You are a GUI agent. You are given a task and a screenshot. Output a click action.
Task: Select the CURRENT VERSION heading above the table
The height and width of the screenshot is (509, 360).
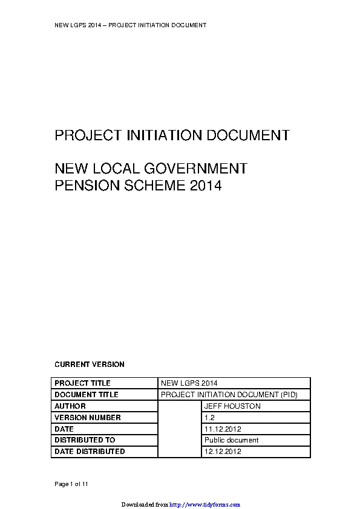[x=90, y=365]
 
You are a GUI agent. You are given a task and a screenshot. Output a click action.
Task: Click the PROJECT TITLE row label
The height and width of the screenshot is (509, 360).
[x=83, y=383]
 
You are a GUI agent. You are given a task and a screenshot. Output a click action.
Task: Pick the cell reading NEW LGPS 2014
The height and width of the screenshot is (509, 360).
[x=189, y=383]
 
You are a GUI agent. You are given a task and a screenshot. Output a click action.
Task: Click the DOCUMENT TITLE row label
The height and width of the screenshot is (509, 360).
[x=87, y=395]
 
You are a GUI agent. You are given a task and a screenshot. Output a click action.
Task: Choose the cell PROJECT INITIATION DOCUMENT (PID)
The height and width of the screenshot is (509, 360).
[x=229, y=395]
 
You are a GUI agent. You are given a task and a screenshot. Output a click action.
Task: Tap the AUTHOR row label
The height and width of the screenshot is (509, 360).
[x=70, y=406]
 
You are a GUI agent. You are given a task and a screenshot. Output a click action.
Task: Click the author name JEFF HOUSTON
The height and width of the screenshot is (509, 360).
[x=232, y=406]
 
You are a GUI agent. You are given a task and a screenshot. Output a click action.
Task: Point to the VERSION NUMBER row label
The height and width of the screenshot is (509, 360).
[x=88, y=418]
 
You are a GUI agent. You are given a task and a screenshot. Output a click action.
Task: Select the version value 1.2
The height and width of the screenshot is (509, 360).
[x=209, y=418]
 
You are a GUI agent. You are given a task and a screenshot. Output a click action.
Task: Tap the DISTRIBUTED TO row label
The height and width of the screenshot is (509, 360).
[x=85, y=440]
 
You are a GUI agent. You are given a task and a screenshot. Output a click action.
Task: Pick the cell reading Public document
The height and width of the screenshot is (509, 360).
[x=232, y=440]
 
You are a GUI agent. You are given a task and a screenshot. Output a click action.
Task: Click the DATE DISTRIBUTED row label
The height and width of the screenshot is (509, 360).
[x=90, y=452]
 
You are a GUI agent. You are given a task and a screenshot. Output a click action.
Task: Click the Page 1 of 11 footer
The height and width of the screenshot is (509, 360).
[x=72, y=484]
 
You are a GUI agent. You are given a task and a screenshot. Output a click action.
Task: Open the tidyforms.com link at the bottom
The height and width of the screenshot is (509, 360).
[x=205, y=504]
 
